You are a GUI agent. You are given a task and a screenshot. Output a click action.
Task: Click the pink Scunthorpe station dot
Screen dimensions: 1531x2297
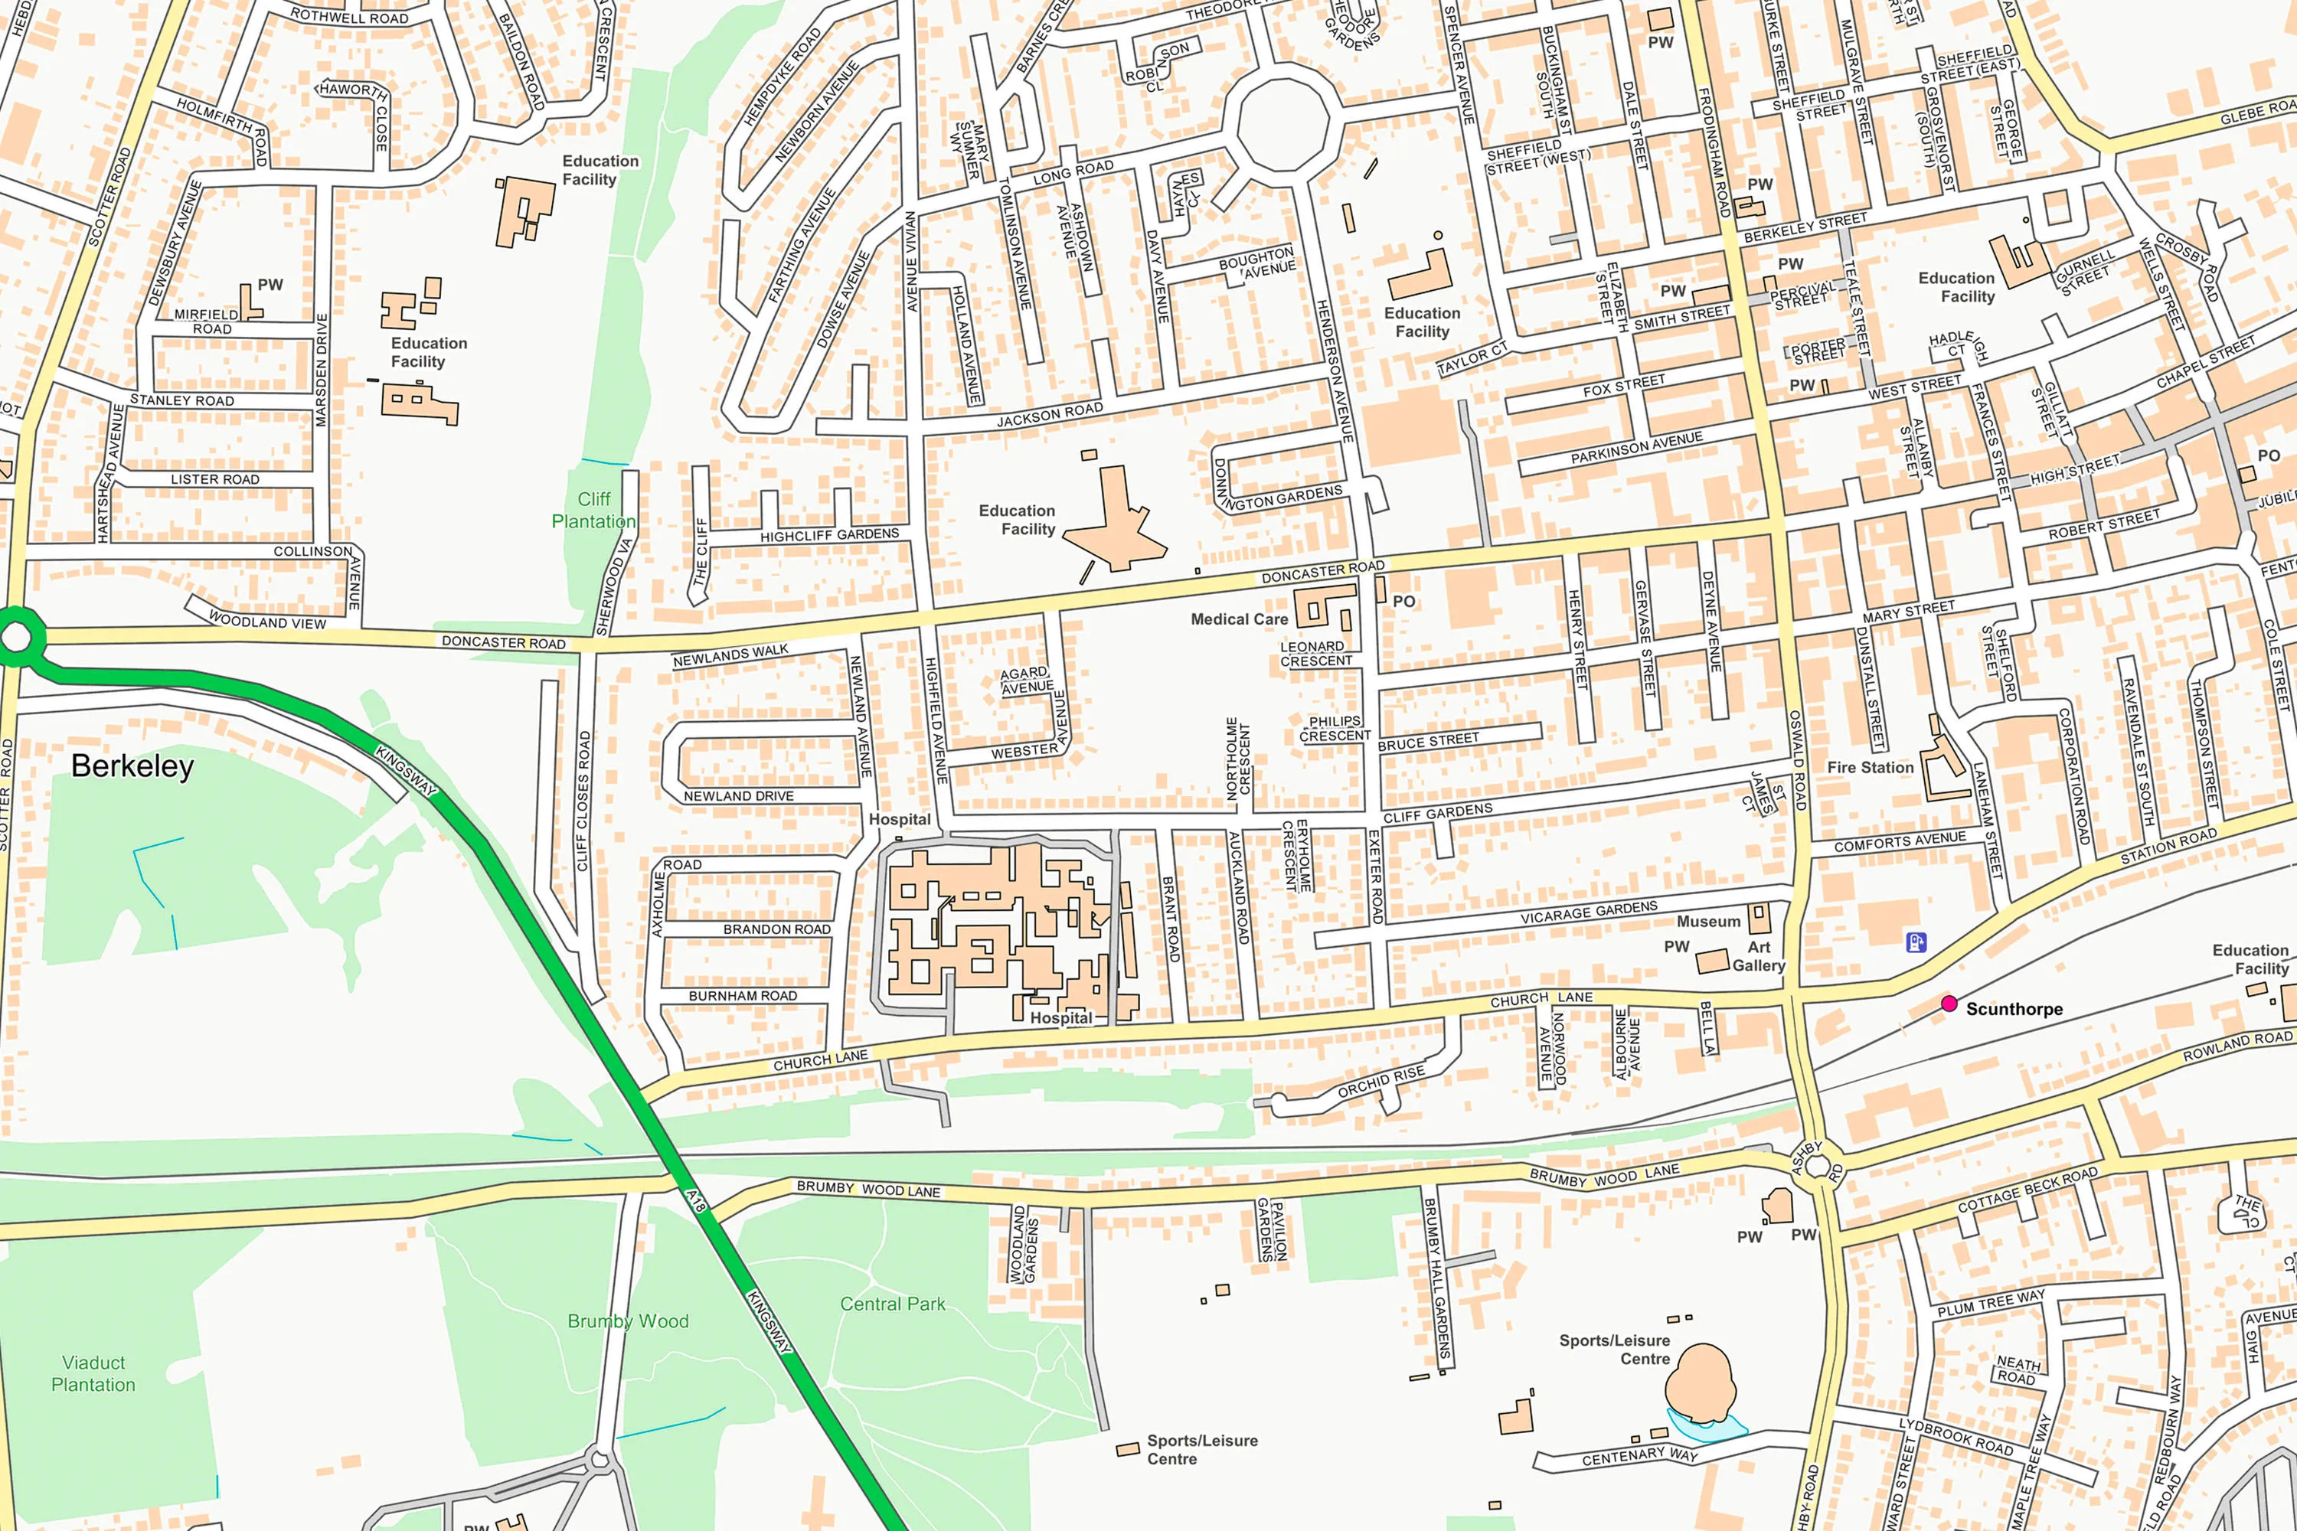click(x=1949, y=1004)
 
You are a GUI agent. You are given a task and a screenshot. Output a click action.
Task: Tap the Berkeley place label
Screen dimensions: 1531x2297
click(x=132, y=766)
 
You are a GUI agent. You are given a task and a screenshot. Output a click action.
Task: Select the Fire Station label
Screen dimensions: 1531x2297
click(x=1871, y=768)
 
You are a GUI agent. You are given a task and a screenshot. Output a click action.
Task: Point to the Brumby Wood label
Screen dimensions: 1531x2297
click(x=628, y=1321)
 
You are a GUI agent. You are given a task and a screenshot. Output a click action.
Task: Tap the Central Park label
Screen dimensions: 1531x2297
click(x=893, y=1304)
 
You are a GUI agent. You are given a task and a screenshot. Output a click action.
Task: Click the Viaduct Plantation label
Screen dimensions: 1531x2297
click(x=93, y=1374)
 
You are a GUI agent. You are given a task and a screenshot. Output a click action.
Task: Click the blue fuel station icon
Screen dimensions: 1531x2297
click(x=1916, y=942)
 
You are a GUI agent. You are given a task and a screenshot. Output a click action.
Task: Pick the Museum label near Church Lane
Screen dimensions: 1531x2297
click(x=1708, y=922)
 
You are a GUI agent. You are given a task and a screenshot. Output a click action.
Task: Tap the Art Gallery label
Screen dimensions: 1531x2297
click(x=1758, y=956)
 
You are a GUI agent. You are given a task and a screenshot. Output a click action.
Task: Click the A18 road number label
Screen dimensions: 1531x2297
click(x=695, y=1202)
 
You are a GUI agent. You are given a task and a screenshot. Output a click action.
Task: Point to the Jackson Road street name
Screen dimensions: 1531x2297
click(x=1049, y=415)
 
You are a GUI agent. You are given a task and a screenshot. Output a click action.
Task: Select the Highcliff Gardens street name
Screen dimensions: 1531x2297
click(x=829, y=536)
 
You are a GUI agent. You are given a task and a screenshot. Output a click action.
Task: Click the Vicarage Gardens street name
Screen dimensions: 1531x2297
click(x=1589, y=913)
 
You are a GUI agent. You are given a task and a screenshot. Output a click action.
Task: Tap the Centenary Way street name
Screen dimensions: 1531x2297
click(x=1640, y=1457)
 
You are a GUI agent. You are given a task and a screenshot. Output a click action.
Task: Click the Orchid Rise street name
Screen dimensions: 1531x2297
click(x=1381, y=1082)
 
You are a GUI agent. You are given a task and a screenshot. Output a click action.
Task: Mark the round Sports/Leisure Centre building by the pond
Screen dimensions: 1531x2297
click(x=1701, y=1382)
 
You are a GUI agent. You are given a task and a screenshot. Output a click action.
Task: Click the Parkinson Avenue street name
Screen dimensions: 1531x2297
click(x=1637, y=448)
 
